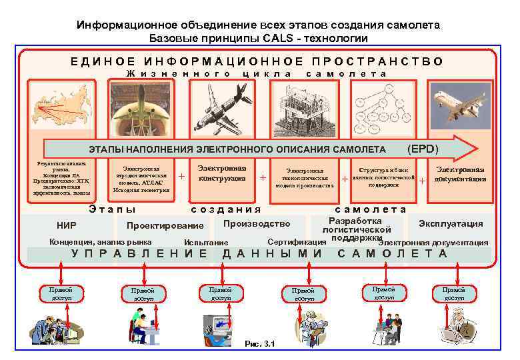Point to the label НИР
[67, 225]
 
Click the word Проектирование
[165, 225]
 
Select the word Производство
[257, 223]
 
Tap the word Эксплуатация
[451, 223]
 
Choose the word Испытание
[206, 243]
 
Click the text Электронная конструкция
[223, 173]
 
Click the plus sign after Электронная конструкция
[263, 178]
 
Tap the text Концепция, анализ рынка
[101, 242]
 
